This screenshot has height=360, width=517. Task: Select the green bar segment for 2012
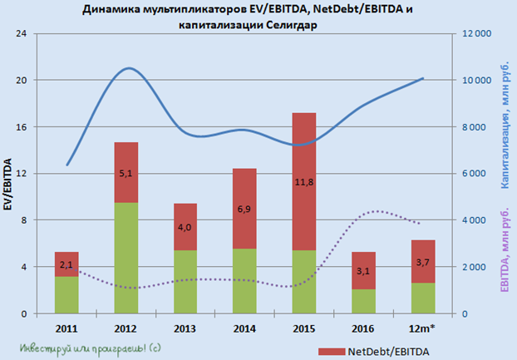point(126,258)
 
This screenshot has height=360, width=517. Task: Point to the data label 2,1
point(67,264)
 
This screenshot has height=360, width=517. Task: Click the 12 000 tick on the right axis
point(474,34)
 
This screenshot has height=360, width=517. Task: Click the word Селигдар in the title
point(291,25)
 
